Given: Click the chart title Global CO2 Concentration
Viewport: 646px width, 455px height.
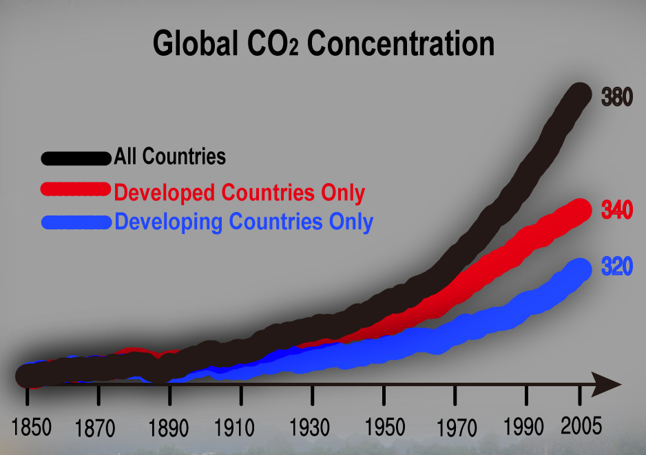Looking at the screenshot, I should pos(323,44).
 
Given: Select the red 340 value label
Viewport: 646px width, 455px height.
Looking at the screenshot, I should pos(617,211).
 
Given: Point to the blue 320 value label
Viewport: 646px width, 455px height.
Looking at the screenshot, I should pos(617,267).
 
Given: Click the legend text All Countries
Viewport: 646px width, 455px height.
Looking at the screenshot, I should pos(170,156).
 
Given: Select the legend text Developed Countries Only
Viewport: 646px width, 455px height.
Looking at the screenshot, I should pos(239,193).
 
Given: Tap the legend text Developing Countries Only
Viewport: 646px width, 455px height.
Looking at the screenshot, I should pos(244,222).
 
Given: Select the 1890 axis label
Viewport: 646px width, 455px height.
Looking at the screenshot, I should pos(169,428).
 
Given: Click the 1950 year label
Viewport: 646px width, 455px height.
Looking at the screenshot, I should pos(384,428).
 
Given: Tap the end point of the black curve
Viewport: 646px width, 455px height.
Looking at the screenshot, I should pos(580,95).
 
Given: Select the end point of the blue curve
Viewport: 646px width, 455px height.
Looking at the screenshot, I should pos(580,269).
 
